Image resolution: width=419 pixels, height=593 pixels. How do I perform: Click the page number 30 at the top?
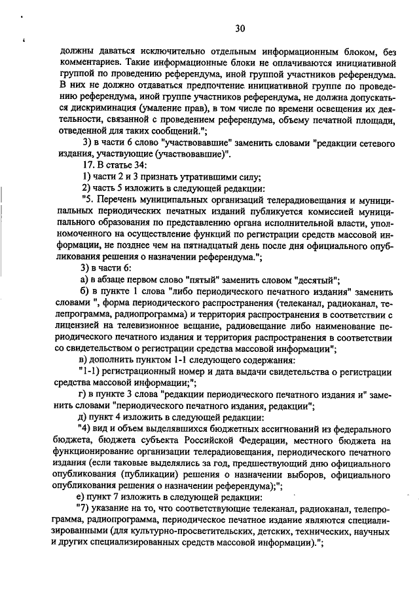pos(240,28)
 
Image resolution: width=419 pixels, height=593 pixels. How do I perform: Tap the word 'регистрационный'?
pos(135,371)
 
